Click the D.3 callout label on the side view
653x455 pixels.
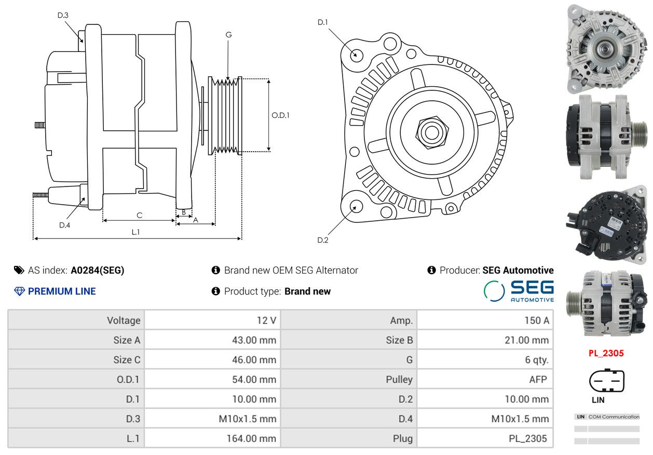point(63,15)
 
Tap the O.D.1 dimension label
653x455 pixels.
point(280,115)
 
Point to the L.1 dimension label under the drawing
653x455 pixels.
point(135,232)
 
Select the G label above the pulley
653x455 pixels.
point(228,35)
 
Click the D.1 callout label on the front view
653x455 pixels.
point(323,22)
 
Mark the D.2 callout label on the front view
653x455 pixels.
point(323,240)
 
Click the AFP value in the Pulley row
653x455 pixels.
point(538,380)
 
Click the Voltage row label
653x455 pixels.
point(124,320)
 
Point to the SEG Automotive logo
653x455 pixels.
point(519,291)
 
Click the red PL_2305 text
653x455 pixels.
point(606,353)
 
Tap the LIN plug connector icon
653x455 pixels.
point(607,381)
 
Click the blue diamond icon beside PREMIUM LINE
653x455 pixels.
point(20,291)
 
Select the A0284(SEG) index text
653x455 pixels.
point(98,271)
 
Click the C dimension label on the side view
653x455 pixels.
point(139,215)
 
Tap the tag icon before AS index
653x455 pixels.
point(19,271)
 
